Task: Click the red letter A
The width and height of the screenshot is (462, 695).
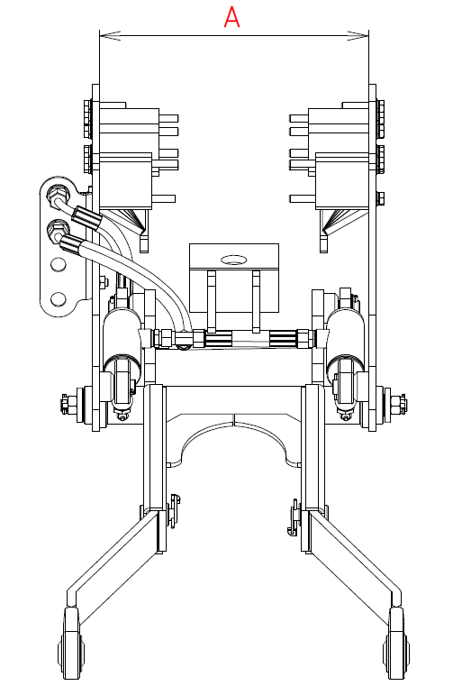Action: click(231, 18)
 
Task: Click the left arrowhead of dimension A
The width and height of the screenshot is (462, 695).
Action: click(109, 35)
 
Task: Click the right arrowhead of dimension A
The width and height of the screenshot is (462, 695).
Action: click(358, 35)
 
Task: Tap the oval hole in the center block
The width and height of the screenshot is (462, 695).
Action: click(233, 259)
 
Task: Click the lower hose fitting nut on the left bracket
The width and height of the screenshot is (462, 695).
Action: click(58, 229)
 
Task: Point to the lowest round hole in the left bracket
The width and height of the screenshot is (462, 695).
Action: click(58, 299)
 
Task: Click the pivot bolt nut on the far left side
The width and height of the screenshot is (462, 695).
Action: click(66, 403)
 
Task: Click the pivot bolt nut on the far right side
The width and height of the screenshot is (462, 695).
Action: click(401, 403)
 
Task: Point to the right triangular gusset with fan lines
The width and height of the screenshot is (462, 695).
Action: click(341, 220)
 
